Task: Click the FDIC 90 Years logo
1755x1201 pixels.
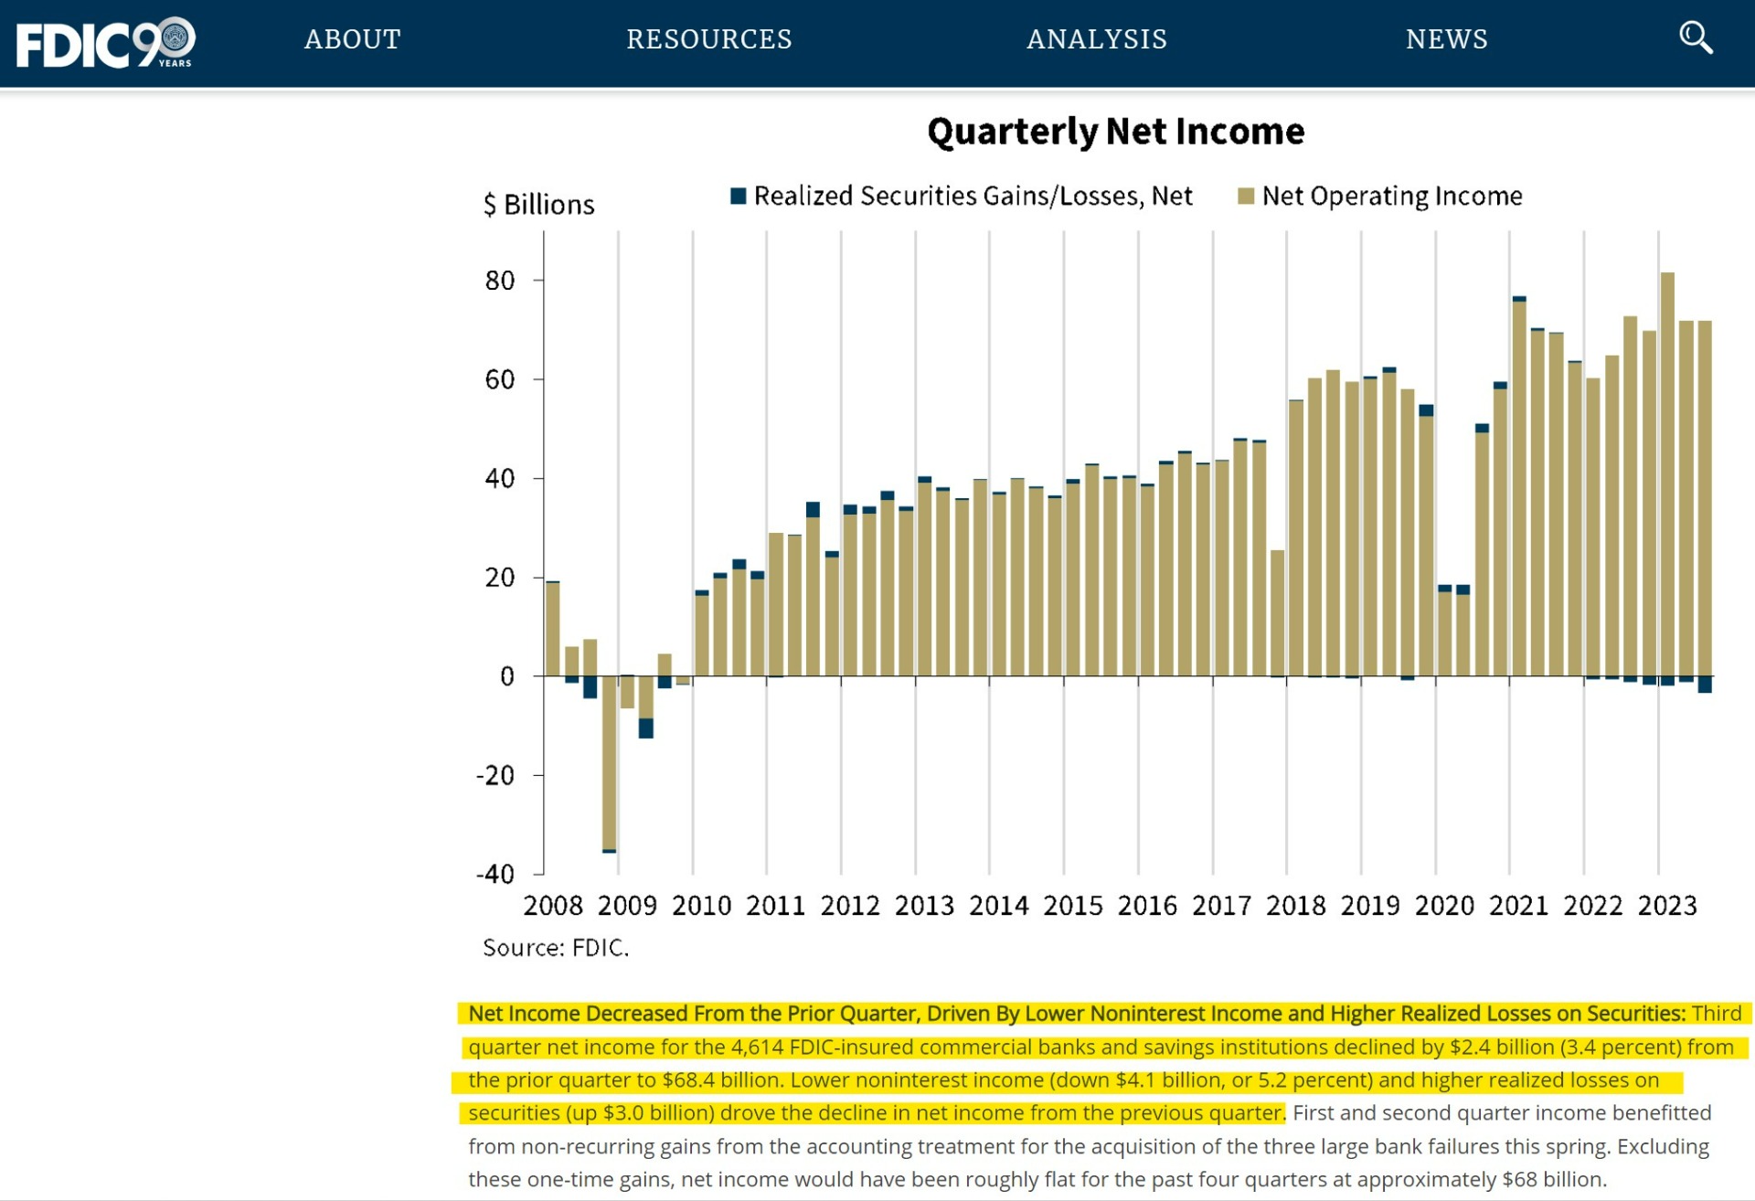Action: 106,42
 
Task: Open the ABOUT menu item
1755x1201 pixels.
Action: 353,39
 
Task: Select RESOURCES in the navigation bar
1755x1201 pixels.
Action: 709,39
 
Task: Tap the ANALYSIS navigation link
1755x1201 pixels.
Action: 1097,39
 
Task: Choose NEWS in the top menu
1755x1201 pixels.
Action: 1447,39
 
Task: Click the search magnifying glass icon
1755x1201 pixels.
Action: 1696,38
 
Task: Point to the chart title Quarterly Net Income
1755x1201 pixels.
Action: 1116,132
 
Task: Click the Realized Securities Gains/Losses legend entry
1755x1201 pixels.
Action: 962,196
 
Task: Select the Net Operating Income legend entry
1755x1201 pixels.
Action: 1380,196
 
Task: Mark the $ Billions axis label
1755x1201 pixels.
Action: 539,204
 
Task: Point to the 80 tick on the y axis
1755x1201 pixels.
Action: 500,280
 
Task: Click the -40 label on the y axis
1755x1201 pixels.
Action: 495,874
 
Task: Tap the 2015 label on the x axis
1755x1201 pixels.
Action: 1073,905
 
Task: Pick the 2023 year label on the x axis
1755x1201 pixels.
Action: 1667,905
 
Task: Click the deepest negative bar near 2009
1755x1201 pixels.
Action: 609,764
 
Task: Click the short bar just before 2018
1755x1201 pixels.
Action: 1278,613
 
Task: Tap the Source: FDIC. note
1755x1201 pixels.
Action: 556,948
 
